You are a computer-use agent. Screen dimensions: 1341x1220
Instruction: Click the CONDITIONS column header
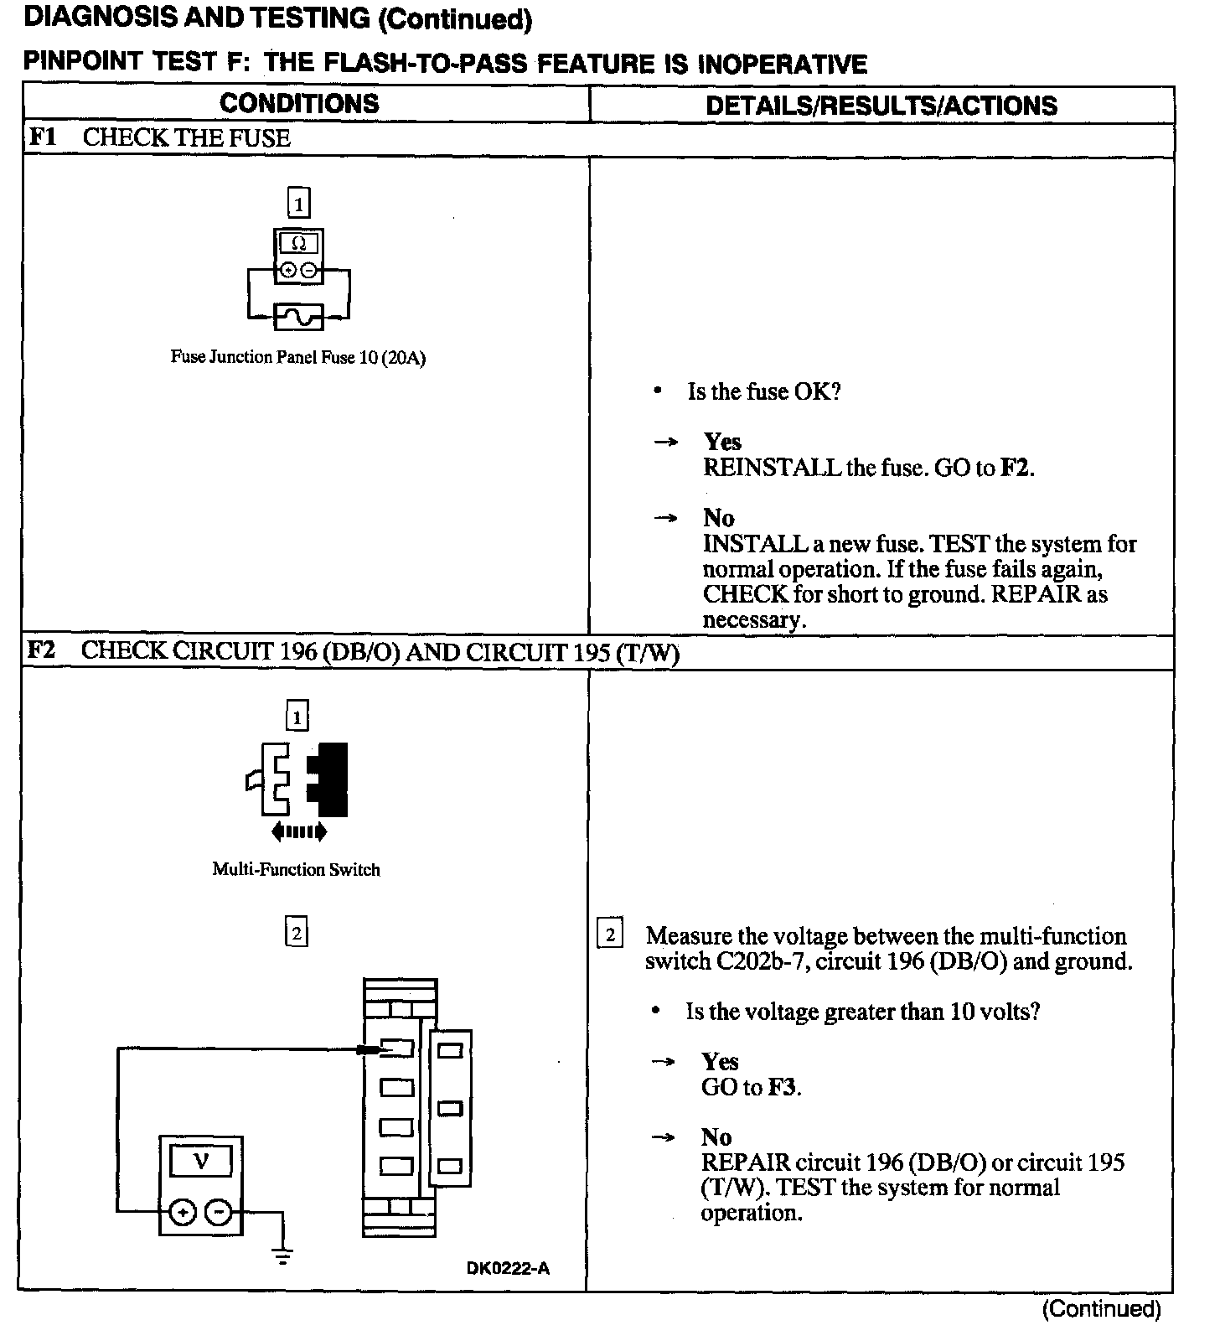(299, 104)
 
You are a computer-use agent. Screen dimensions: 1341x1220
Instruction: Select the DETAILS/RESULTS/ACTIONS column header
(881, 106)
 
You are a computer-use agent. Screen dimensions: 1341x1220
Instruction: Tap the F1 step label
(43, 137)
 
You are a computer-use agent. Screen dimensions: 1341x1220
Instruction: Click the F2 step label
(42, 651)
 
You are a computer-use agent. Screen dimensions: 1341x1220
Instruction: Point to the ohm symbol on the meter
(299, 244)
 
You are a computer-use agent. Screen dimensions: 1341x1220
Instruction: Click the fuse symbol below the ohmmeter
(299, 317)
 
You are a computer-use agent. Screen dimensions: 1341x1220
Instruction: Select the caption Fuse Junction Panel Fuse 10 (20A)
(298, 358)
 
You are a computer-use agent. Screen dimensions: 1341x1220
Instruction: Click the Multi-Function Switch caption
(296, 870)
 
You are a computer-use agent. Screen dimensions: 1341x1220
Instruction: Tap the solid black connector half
(329, 779)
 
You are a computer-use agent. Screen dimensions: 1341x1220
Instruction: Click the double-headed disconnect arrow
(299, 832)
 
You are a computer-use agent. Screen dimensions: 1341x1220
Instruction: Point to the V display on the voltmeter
(201, 1162)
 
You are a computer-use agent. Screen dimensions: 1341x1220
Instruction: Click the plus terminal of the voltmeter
(184, 1212)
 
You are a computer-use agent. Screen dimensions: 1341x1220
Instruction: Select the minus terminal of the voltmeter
(219, 1212)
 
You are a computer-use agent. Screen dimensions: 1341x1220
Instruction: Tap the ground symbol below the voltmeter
(283, 1257)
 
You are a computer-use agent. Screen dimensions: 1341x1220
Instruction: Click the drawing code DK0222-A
(508, 1269)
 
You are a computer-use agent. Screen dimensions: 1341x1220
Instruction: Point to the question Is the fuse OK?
(763, 392)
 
